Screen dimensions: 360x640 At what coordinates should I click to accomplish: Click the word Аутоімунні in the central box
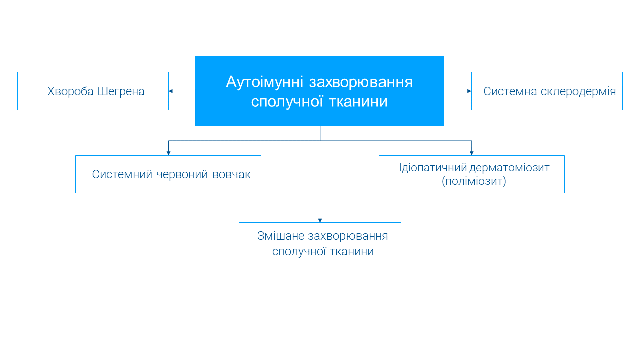(264, 82)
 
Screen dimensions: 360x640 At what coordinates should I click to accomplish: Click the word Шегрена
(121, 91)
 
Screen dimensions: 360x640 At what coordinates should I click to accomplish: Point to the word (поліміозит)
(474, 181)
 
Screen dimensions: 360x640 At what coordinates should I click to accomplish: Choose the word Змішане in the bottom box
(280, 236)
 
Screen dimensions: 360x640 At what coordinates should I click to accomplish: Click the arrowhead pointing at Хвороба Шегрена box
(171, 91)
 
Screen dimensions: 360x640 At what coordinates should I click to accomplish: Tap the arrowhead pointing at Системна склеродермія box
(469, 91)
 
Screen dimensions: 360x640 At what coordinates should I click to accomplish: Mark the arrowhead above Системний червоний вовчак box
(168, 153)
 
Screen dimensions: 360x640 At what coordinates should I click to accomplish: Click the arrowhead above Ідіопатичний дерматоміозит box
(471, 153)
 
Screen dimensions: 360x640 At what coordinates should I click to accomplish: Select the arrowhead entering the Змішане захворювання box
(320, 220)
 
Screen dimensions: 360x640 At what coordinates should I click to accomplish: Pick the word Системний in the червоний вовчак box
(122, 174)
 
